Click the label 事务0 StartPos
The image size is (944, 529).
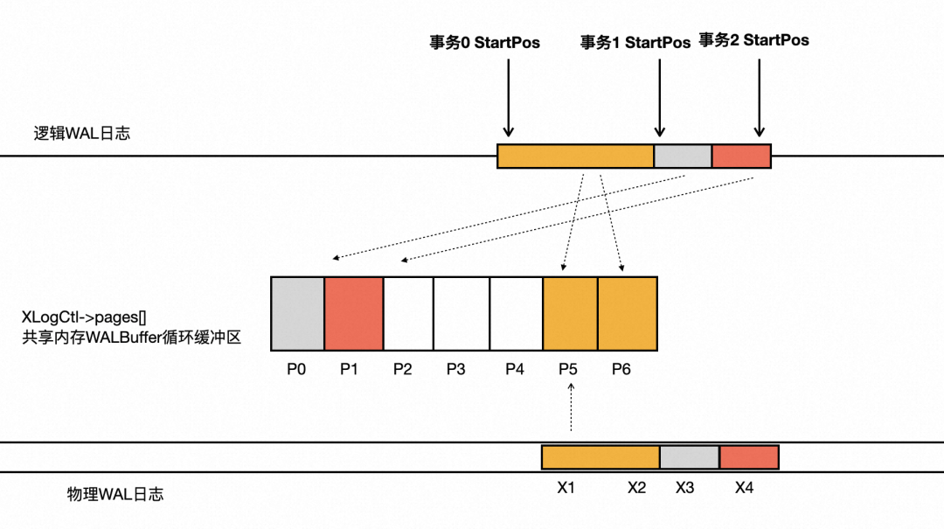tap(484, 42)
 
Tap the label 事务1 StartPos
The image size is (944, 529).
tap(635, 42)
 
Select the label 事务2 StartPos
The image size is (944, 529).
tap(753, 40)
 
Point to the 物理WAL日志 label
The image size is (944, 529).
tap(115, 494)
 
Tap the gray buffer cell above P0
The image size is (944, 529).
tap(297, 314)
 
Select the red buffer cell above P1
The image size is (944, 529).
tap(354, 314)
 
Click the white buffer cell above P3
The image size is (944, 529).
tap(462, 314)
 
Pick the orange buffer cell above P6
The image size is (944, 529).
tap(627, 314)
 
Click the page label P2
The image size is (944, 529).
tap(402, 369)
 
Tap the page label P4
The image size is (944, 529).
tap(515, 369)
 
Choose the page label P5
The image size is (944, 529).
tap(568, 369)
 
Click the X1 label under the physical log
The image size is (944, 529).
tap(566, 487)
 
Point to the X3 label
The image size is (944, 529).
tap(684, 487)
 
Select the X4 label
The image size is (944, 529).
tap(744, 487)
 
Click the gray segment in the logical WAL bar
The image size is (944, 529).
tap(683, 157)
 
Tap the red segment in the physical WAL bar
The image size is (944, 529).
tap(748, 457)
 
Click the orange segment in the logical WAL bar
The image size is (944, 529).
tap(575, 157)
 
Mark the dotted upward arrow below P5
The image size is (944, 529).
tap(570, 410)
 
